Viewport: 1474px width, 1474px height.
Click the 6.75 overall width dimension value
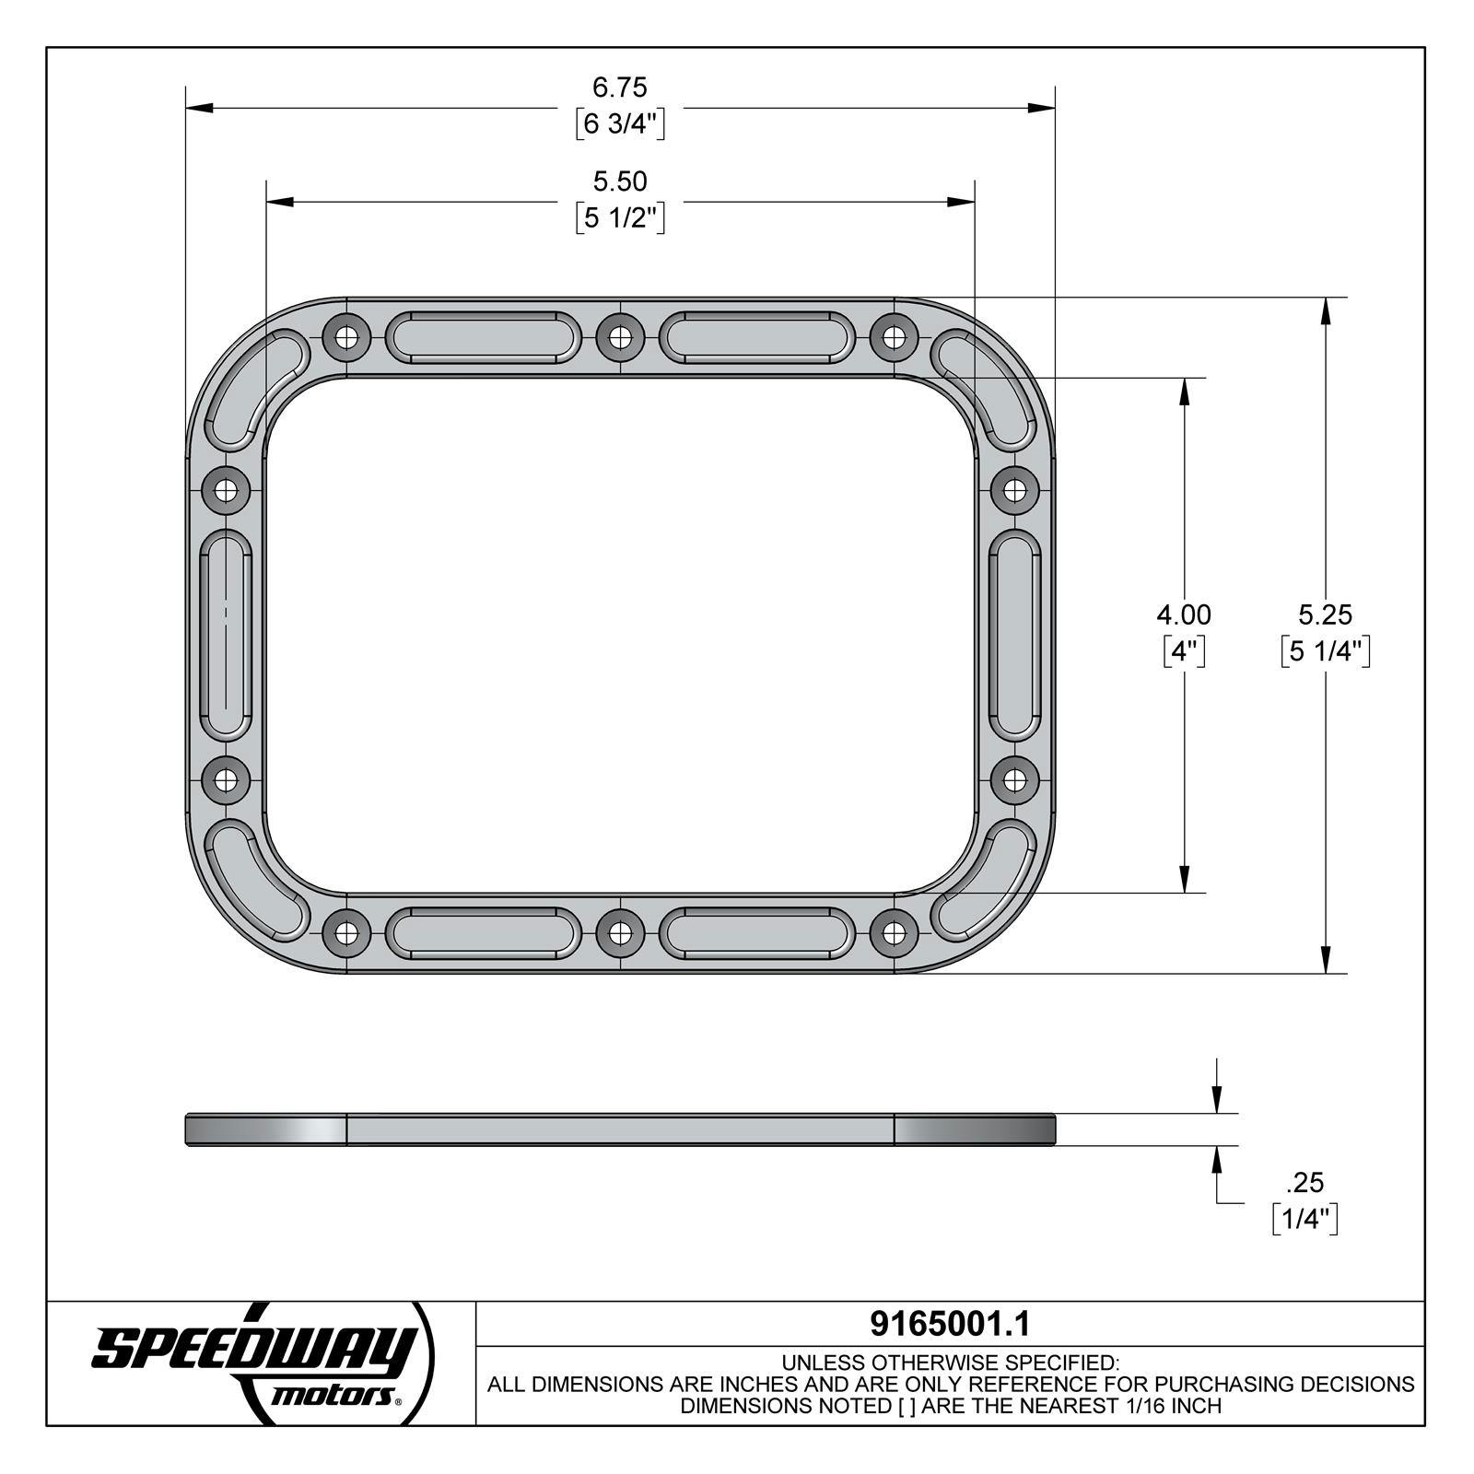pyautogui.click(x=620, y=88)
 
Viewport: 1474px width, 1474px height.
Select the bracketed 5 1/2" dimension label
pyautogui.click(x=620, y=218)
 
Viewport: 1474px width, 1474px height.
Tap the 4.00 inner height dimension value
pyautogui.click(x=1184, y=614)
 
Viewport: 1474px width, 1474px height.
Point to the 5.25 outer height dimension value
pyautogui.click(x=1325, y=614)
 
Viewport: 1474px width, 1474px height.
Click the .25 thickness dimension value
pyautogui.click(x=1304, y=1182)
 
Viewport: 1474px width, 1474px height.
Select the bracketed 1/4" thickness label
pyautogui.click(x=1304, y=1219)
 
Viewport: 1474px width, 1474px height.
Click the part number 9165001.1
pyautogui.click(x=950, y=1324)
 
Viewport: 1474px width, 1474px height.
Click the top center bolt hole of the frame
pyautogui.click(x=620, y=337)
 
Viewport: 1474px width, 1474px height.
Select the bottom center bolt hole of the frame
pyautogui.click(x=620, y=933)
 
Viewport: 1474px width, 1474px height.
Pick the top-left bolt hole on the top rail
pyautogui.click(x=347, y=337)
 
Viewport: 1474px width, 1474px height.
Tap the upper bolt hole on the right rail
pyautogui.click(x=1014, y=488)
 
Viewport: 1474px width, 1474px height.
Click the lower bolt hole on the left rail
pyautogui.click(x=226, y=782)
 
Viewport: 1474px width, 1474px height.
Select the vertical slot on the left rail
pyautogui.click(x=226, y=635)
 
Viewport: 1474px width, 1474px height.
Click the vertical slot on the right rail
pyautogui.click(x=1014, y=635)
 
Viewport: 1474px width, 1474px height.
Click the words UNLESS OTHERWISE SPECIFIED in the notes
pyautogui.click(x=950, y=1363)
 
